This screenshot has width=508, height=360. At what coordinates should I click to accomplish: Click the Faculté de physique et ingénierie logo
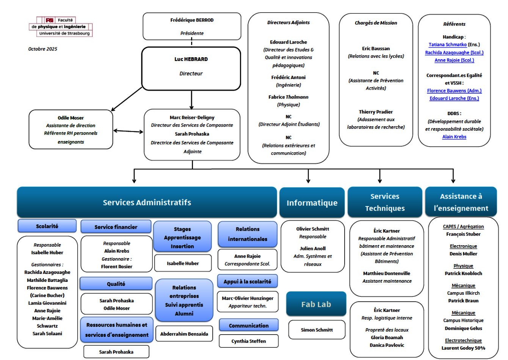tap(61, 27)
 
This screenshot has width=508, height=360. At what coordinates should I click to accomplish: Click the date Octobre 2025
tap(43, 49)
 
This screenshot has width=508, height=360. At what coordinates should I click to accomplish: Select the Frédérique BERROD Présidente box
tap(192, 26)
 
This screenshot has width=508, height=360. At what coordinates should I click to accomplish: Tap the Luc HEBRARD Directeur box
tap(191, 69)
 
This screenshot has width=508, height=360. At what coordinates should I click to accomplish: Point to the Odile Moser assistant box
tap(71, 130)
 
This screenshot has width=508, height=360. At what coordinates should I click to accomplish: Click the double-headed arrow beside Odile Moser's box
tap(128, 131)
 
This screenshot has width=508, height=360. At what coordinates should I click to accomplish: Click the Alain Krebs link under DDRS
tap(454, 137)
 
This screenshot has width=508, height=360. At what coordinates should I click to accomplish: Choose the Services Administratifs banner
tap(147, 202)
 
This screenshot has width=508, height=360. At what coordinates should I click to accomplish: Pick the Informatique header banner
tap(312, 203)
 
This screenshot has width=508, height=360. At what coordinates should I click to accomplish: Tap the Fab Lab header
tap(316, 304)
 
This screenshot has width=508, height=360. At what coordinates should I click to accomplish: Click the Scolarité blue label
tap(47, 226)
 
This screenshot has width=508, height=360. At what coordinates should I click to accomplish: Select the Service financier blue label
tap(116, 227)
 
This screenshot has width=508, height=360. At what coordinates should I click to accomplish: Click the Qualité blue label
tap(116, 284)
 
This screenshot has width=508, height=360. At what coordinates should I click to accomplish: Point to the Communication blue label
tap(249, 326)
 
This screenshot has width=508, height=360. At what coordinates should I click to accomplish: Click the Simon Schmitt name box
tap(317, 330)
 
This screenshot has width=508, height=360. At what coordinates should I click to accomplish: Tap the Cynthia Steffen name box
tap(249, 341)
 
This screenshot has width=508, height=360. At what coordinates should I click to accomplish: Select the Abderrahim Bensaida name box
tap(184, 334)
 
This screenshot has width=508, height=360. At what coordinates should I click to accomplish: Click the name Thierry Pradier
tap(376, 112)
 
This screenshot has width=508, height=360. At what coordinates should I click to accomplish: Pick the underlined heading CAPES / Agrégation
tap(463, 227)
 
